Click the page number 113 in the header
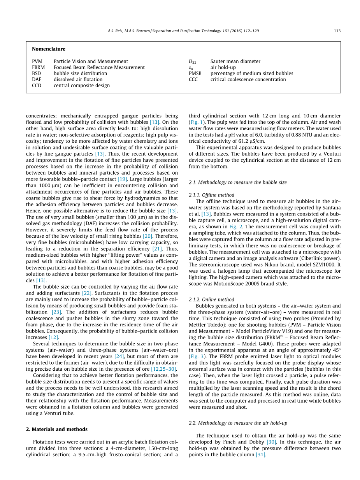pyautogui.click(x=337, y=31)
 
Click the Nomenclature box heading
pyautogui.click(x=49, y=49)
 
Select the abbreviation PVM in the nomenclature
pyautogui.click(x=37, y=61)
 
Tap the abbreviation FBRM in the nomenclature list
pyautogui.click(x=39, y=67)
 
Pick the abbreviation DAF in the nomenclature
pyautogui.click(x=37, y=79)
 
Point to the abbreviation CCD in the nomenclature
pyautogui.click(x=37, y=86)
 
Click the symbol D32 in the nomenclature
pyautogui.click(x=193, y=61)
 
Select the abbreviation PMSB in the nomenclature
pyautogui.click(x=195, y=74)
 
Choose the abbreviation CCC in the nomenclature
pyautogui.click(x=193, y=79)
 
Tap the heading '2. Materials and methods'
pyautogui.click(x=57, y=429)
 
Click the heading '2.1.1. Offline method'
pyautogui.click(x=211, y=195)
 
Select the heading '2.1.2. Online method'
pyautogui.click(x=211, y=300)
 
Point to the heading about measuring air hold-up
pyautogui.click(x=238, y=423)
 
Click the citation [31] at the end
pyautogui.click(x=260, y=455)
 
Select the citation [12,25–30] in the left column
pyautogui.click(x=163, y=369)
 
